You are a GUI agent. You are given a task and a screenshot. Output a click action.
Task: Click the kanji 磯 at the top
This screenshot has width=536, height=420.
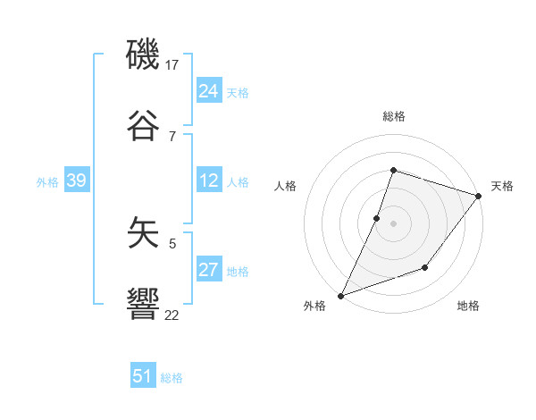pyautogui.click(x=144, y=55)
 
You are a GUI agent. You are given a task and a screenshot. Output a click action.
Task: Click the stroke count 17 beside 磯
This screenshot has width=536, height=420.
pyautogui.click(x=172, y=65)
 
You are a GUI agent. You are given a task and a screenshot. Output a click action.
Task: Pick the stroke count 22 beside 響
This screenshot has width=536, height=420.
pyautogui.click(x=172, y=314)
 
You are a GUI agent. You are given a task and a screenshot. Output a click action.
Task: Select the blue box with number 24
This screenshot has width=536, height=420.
pyautogui.click(x=209, y=91)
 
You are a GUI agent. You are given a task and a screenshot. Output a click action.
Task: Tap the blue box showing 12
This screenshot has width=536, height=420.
pyautogui.click(x=209, y=181)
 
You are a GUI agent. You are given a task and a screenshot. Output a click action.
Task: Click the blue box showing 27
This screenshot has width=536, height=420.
pyautogui.click(x=209, y=270)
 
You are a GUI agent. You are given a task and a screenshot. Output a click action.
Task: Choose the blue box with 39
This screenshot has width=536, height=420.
pyautogui.click(x=76, y=181)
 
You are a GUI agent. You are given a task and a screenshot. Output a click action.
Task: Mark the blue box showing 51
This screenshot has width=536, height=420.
pyautogui.click(x=143, y=376)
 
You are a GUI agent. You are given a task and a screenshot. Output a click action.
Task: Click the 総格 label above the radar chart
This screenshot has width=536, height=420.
pyautogui.click(x=394, y=116)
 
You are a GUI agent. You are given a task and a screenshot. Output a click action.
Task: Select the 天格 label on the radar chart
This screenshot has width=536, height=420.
pyautogui.click(x=502, y=186)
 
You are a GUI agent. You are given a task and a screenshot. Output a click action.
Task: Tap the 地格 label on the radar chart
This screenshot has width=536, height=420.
pyautogui.click(x=468, y=307)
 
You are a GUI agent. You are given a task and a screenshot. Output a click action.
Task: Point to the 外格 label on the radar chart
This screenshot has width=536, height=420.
pyautogui.click(x=314, y=307)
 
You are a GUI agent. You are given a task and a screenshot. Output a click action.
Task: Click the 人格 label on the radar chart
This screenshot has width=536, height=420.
pyautogui.click(x=286, y=186)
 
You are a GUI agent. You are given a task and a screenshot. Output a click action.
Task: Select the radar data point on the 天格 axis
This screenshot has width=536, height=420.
pyautogui.click(x=479, y=197)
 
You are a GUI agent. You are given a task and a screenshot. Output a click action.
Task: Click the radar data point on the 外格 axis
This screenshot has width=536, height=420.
pyautogui.click(x=340, y=295)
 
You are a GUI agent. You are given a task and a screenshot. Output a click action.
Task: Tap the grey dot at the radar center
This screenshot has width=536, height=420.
pyautogui.click(x=394, y=223)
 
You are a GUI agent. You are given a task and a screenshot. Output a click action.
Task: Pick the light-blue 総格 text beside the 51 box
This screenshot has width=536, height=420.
pyautogui.click(x=172, y=378)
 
